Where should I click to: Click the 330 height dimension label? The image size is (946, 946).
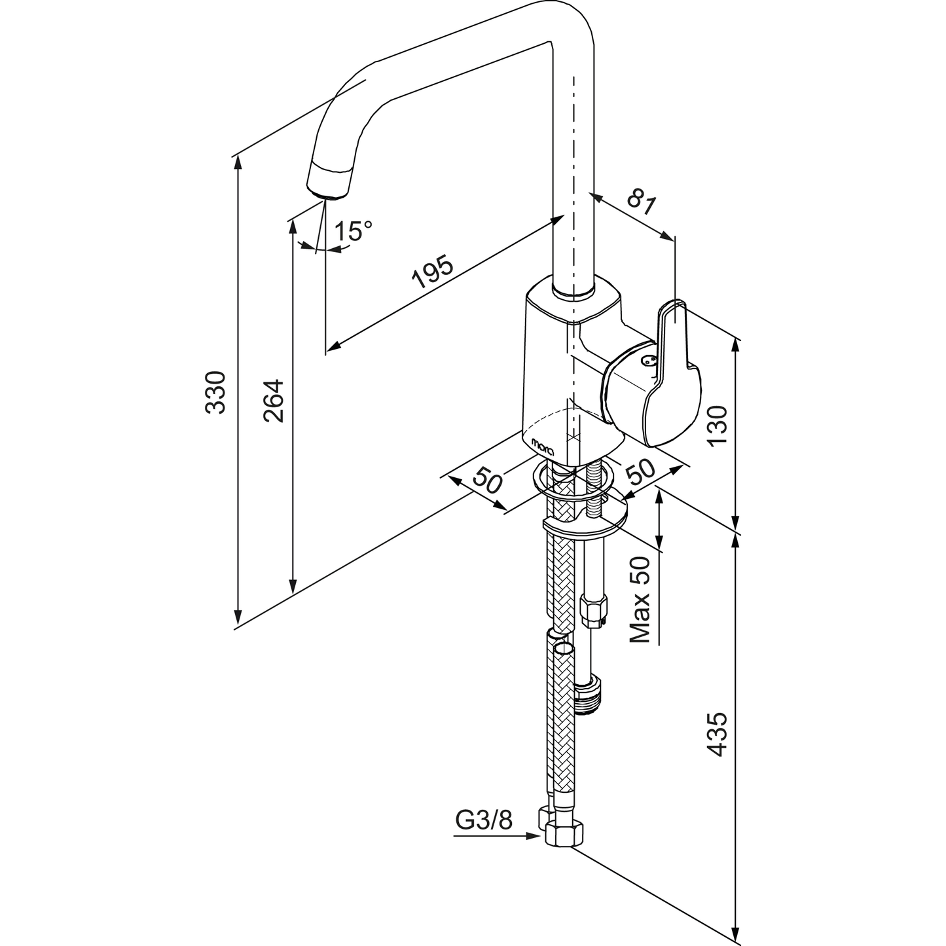(x=215, y=392)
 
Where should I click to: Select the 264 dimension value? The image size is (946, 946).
(x=274, y=400)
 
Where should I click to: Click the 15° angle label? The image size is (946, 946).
(x=354, y=231)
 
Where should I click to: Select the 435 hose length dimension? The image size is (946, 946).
(x=718, y=735)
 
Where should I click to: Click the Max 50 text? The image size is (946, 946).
(x=640, y=599)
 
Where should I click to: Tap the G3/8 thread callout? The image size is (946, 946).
(x=484, y=821)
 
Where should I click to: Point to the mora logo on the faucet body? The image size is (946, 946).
(x=543, y=445)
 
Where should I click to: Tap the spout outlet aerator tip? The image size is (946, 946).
(x=329, y=187)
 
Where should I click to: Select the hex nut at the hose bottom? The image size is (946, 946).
(x=563, y=835)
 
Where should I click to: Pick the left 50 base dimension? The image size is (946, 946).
(x=488, y=481)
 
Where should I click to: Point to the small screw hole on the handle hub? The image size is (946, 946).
(x=648, y=359)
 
